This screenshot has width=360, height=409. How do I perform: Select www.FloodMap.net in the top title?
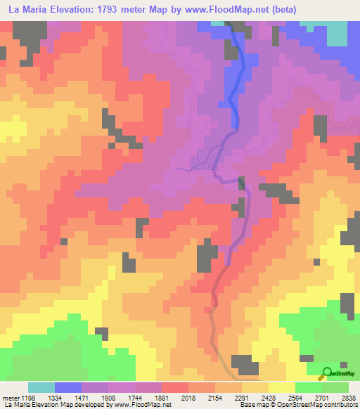click(226, 10)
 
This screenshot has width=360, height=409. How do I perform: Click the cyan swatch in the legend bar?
click(41, 387)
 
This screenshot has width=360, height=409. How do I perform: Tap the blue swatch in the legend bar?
click(68, 387)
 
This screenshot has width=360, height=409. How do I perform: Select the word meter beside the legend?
click(10, 398)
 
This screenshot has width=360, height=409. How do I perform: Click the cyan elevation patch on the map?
click(336, 32)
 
